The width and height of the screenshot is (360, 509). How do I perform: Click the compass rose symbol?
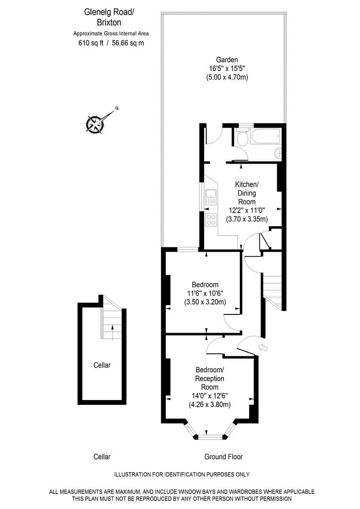(x=96, y=123)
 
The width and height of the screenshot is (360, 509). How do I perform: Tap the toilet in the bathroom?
(x=242, y=139)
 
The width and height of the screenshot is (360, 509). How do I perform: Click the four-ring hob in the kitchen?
(x=211, y=220)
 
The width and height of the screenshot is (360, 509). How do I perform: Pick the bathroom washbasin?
(x=278, y=153)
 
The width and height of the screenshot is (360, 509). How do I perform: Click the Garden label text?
(x=227, y=60)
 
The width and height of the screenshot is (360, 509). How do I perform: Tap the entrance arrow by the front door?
(x=263, y=348)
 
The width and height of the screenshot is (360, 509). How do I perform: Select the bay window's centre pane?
(x=210, y=437)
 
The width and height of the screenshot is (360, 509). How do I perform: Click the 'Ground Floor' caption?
(x=223, y=457)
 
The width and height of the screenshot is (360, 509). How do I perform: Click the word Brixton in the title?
(x=110, y=22)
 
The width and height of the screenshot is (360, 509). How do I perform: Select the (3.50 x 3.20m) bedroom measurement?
(x=205, y=302)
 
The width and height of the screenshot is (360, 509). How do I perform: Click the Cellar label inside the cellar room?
(x=102, y=365)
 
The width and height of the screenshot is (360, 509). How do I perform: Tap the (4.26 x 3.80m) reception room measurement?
(x=210, y=404)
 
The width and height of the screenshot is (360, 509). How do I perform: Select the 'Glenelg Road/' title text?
(x=110, y=13)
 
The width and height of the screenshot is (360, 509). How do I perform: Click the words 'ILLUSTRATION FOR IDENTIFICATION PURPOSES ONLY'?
(x=182, y=475)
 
